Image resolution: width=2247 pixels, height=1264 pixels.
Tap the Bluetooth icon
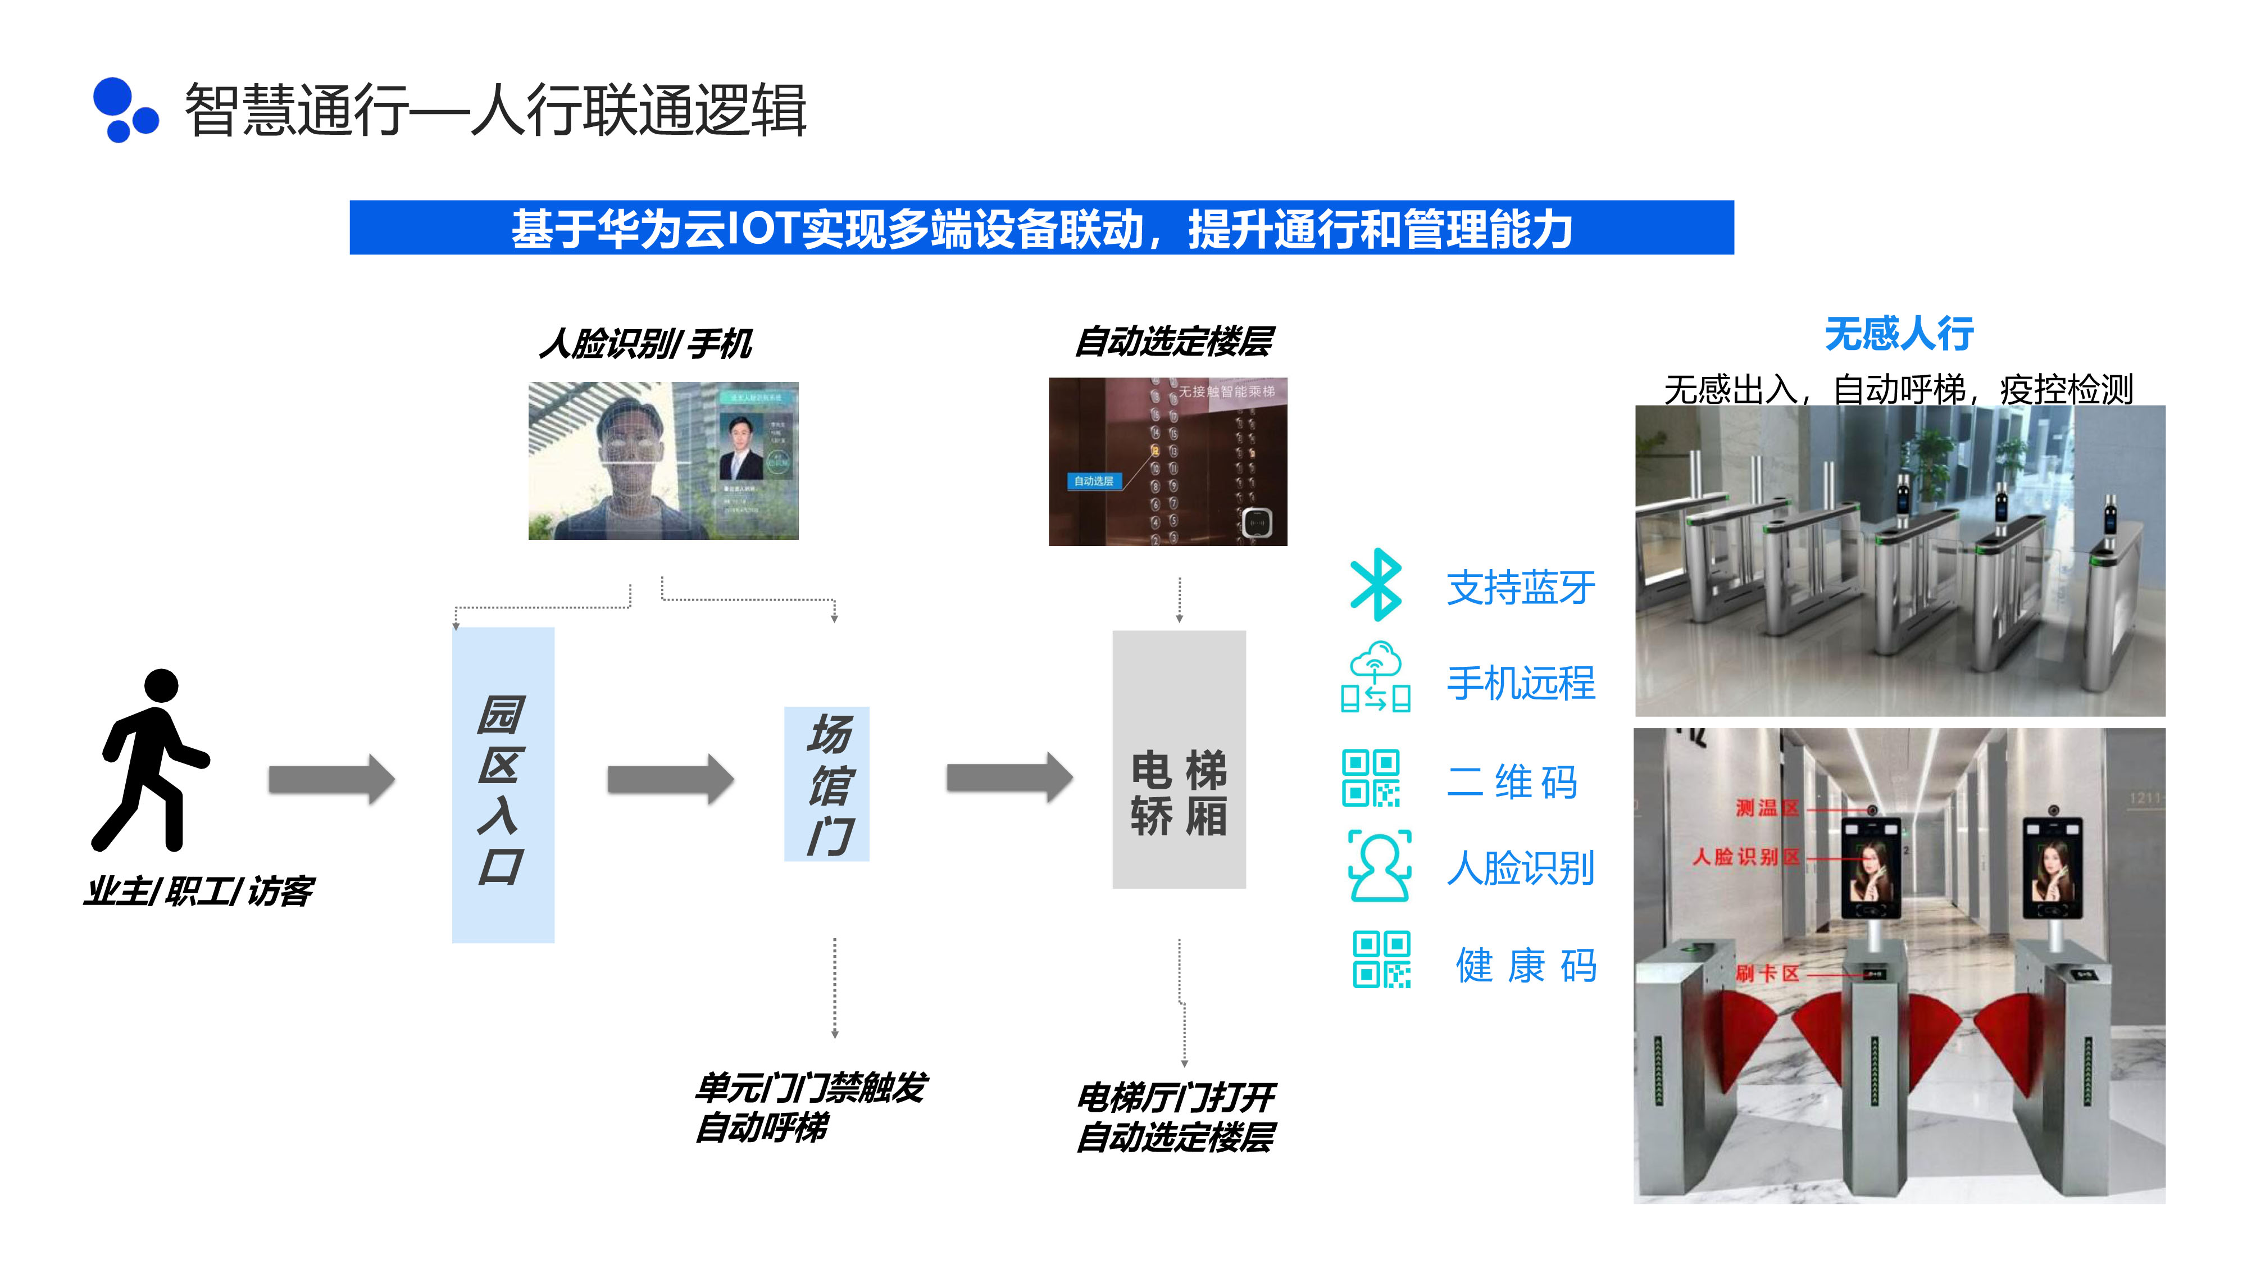pos(1376,584)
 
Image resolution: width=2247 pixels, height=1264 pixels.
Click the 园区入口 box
pos(502,785)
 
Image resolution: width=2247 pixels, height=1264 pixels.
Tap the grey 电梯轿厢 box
pos(1179,760)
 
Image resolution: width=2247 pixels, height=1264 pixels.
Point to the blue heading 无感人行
pos(1899,334)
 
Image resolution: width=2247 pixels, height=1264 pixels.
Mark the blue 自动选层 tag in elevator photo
pos(1093,481)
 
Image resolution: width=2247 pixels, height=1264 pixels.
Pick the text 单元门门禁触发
pos(811,1088)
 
